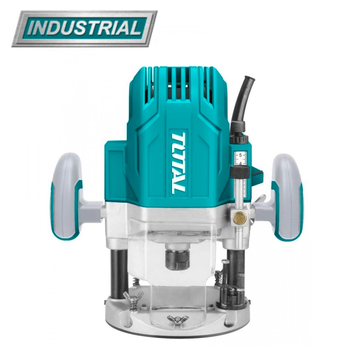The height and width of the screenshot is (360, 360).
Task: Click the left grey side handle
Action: click(66, 196)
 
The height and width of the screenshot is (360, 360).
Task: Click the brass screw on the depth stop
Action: click(238, 217)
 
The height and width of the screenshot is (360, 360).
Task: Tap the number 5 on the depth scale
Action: click(240, 155)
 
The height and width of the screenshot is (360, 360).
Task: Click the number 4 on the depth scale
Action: click(240, 163)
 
